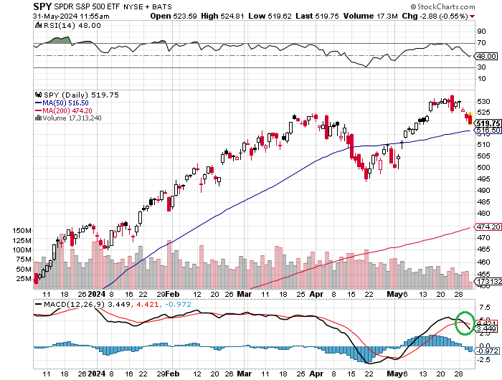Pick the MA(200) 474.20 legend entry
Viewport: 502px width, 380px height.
[67, 110]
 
